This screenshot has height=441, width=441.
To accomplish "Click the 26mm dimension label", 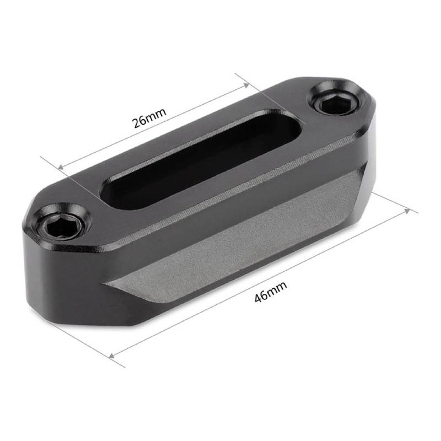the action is click(x=149, y=117).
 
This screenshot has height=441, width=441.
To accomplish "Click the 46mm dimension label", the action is click(x=271, y=292).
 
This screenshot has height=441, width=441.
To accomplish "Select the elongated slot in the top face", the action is click(x=201, y=159).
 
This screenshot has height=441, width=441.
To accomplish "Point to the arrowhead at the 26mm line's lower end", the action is click(x=61, y=167).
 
